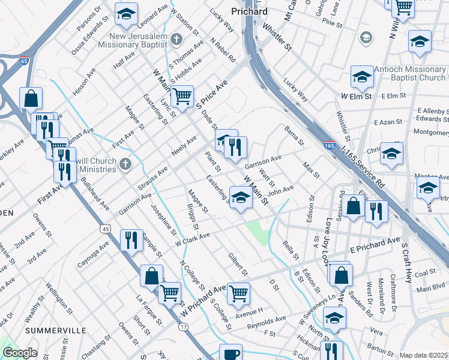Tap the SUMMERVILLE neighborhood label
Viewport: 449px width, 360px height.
51,330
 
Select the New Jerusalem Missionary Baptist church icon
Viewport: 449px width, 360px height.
176,40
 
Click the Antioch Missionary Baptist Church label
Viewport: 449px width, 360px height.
409,73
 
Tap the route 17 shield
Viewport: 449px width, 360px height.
183,326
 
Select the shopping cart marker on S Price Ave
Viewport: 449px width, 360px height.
182,96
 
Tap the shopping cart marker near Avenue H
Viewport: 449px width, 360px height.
238,294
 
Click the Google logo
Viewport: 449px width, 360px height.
20,353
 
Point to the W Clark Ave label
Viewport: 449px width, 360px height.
193,239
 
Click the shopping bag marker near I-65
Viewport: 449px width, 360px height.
31,98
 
